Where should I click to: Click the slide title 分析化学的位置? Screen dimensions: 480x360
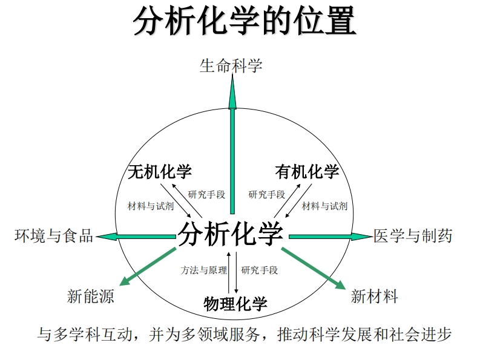coord(245,22)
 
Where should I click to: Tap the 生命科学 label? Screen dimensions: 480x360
coord(231,65)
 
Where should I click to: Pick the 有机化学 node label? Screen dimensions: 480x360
coord(307,172)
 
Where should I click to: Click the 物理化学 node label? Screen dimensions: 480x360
coord(235,303)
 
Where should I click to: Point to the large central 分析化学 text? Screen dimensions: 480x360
coord(231,234)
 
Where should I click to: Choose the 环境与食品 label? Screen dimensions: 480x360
coord(54,236)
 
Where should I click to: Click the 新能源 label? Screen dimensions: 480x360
coord(90,296)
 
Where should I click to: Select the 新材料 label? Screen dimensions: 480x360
coord(374,296)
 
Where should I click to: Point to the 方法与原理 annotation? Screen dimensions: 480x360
coord(203,270)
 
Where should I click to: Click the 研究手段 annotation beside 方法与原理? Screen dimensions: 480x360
coord(260,270)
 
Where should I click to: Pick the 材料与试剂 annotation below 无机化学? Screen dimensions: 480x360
coord(151,206)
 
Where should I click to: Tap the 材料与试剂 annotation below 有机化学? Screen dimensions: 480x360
coord(324,206)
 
